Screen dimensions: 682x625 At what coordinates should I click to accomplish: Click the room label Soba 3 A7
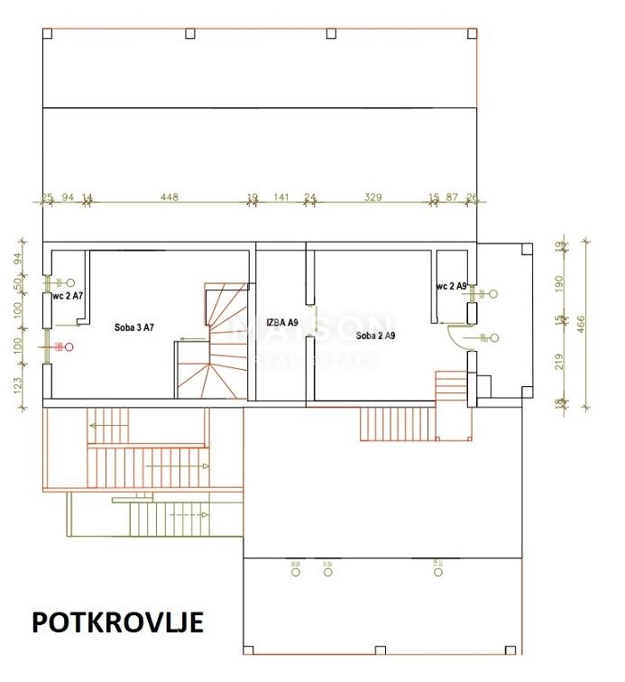coord(134,327)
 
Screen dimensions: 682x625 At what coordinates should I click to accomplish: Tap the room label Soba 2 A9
coord(377,335)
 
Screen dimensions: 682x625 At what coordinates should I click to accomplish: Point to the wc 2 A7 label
coord(68,295)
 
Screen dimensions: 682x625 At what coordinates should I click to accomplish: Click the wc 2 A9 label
coord(452,286)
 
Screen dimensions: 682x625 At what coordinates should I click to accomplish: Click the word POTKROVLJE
coord(117,622)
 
